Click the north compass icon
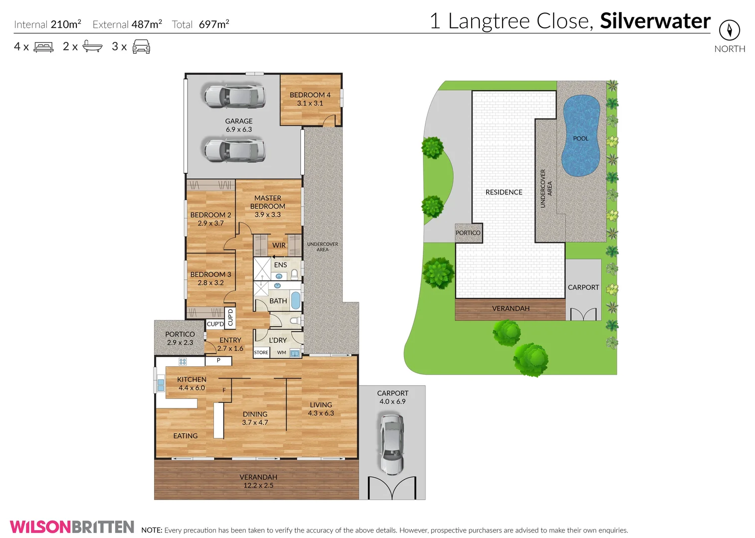tap(729, 30)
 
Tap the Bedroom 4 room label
tap(310, 99)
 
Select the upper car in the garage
tap(234, 96)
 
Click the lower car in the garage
tap(234, 150)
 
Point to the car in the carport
tap(392, 443)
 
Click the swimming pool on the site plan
tap(580, 135)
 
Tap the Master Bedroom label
tap(268, 206)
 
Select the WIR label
tap(279, 245)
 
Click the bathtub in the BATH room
tap(296, 301)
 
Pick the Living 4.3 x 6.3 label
tap(321, 409)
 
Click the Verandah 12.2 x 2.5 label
tap(258, 481)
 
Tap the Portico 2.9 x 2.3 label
tap(180, 338)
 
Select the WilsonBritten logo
tap(72, 527)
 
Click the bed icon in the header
tap(43, 47)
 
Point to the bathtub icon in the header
tap(92, 47)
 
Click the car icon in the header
tap(141, 47)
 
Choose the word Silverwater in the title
tap(655, 21)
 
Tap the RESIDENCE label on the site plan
tap(504, 192)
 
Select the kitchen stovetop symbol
tap(183, 362)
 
